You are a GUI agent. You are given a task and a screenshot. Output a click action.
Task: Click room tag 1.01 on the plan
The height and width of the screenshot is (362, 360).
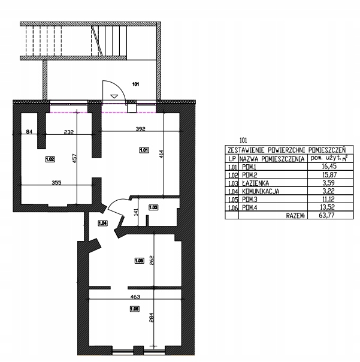[144, 150]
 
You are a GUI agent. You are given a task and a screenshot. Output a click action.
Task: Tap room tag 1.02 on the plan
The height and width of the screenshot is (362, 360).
[50, 159]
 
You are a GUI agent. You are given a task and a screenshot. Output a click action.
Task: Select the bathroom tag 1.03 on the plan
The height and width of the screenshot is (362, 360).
[153, 207]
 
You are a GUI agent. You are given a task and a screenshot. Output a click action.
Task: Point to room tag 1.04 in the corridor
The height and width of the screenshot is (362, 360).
[102, 223]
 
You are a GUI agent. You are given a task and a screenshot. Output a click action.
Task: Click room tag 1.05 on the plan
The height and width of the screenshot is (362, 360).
[140, 261]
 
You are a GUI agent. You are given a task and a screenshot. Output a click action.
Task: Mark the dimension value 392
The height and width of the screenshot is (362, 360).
[141, 129]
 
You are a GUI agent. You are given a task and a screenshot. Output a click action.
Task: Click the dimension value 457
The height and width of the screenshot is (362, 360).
[74, 158]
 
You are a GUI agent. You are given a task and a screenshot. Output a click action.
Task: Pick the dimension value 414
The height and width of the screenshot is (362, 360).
[161, 154]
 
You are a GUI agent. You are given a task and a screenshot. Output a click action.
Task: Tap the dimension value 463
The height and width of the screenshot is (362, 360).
[135, 297]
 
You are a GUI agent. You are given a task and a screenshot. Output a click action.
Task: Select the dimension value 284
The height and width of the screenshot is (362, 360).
[152, 317]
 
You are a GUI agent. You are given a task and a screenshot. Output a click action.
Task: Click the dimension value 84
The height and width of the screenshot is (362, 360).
[29, 132]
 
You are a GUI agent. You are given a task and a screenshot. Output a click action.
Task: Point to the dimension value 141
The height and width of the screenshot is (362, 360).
[136, 212]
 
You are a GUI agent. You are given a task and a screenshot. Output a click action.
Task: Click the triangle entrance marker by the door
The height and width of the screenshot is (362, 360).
[114, 96]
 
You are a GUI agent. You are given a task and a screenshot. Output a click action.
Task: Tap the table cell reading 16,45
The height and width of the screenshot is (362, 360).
[329, 166]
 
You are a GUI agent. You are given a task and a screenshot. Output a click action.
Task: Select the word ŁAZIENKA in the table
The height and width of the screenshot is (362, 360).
[255, 183]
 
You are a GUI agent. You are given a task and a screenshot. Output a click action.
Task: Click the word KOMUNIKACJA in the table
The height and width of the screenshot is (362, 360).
[261, 191]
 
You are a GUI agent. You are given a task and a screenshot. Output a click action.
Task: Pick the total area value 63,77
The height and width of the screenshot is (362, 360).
[327, 215]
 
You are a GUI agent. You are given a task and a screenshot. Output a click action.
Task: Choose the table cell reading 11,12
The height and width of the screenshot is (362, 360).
[328, 199]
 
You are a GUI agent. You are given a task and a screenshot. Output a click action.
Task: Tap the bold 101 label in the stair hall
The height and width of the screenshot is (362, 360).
[136, 84]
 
